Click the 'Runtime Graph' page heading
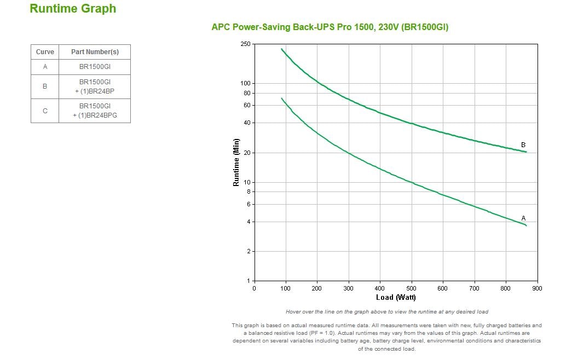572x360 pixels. coord(73,9)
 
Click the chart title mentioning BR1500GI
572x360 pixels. coord(330,27)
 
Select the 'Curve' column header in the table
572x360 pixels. coord(45,52)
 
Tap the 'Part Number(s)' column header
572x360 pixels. coord(95,52)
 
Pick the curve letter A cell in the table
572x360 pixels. coord(45,67)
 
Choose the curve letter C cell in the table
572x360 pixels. coord(45,111)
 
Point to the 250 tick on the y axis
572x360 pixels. coord(245,44)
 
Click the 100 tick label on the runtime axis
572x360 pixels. coord(245,83)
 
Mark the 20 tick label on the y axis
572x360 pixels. coord(247,153)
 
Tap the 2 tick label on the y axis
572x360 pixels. coord(249,252)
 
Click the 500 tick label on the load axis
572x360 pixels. coord(411,288)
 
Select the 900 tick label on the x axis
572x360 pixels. coord(537,288)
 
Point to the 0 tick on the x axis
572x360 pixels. coord(254,288)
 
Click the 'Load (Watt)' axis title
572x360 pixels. coord(396,298)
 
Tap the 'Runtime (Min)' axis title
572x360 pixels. coord(236,162)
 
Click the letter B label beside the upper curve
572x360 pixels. coord(523,145)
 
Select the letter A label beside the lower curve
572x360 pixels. coord(523,218)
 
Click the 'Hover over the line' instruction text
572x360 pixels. coord(386,312)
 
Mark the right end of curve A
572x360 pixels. coord(526,225)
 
